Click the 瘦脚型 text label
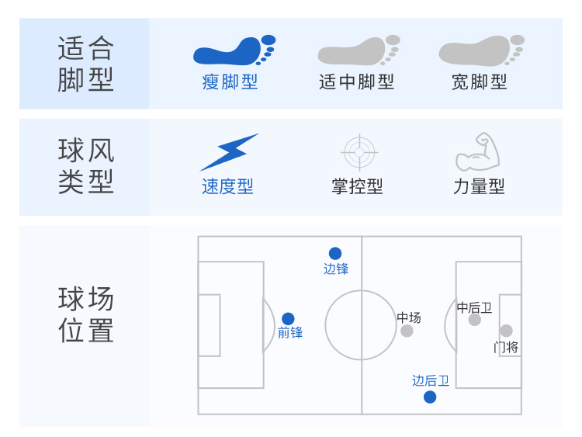coord(230,82)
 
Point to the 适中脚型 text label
coord(356,82)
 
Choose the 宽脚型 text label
coord(479,82)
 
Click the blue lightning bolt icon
coord(229,152)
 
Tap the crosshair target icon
coord(359,152)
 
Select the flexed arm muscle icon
coord(478,151)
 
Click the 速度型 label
coord(227,186)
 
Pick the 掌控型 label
coord(357,186)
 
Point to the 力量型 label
coord(479,186)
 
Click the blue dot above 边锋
coord(335,254)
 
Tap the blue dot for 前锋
coord(288,318)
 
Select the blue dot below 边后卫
coord(430,397)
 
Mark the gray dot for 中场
coord(407,331)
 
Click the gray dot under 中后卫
coord(475,320)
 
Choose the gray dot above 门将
coord(506,331)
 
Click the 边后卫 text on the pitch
coord(431,380)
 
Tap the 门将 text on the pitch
coord(506,348)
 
